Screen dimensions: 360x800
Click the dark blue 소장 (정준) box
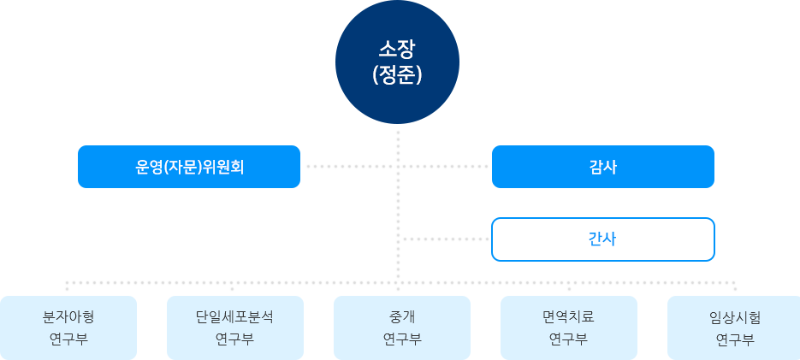[x=397, y=62]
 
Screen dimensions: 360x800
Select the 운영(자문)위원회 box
[x=188, y=166]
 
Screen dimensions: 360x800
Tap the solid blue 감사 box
[x=602, y=166]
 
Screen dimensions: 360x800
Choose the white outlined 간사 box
[x=602, y=239]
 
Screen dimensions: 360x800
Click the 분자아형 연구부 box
[x=68, y=327]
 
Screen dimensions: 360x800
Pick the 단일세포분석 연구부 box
[x=234, y=327]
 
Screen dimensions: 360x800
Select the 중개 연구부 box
[x=401, y=327]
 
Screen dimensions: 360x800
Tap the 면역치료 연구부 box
[x=568, y=327]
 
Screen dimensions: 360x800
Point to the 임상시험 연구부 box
[x=733, y=327]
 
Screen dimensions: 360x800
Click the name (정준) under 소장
[x=397, y=75]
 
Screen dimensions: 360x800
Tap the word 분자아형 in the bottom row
[x=68, y=316]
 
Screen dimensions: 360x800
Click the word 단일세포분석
[x=234, y=316]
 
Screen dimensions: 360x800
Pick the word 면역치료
[x=568, y=316]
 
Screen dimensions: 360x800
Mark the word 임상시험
[x=734, y=317]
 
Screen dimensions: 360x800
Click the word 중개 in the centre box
[x=401, y=316]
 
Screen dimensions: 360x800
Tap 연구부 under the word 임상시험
[x=734, y=339]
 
